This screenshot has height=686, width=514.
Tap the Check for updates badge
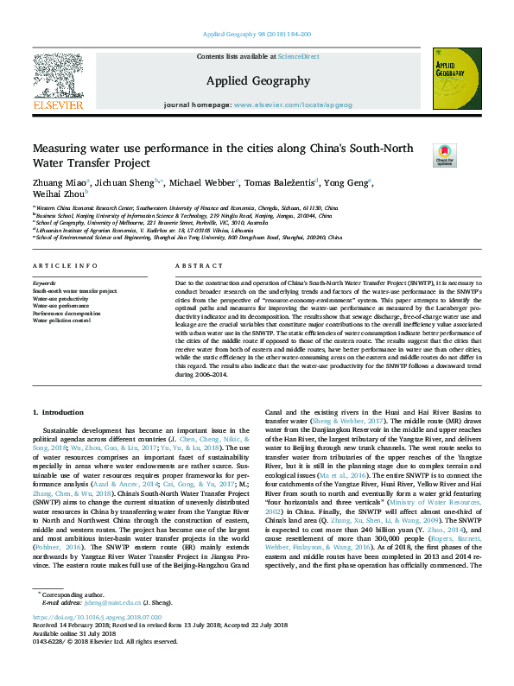[444, 156]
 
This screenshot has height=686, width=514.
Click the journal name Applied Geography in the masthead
[257, 81]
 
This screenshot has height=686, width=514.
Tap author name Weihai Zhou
[58, 194]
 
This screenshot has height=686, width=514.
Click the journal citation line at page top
[257, 34]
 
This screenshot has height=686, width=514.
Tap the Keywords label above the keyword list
[44, 283]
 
